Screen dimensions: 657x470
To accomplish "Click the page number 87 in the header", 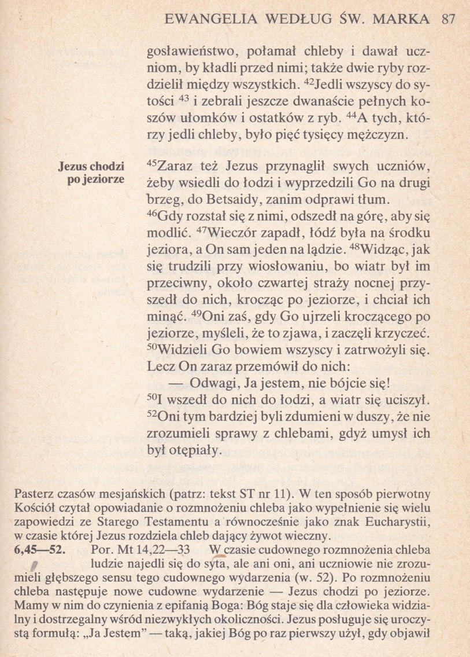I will click(x=448, y=19).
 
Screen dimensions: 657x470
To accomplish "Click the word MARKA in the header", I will click(x=402, y=19).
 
